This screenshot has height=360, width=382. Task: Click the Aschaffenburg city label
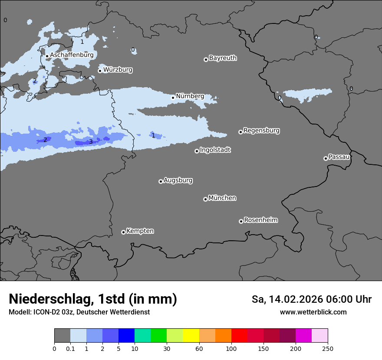pos(72,55)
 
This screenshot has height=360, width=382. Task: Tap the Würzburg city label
pos(118,70)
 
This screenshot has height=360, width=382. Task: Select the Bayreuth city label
pos(223,58)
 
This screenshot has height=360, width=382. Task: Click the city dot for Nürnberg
pos(173,98)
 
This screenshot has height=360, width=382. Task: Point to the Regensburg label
pos(261,131)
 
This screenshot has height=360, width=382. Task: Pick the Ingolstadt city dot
pos(197,151)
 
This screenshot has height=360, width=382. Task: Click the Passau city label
pos(339,157)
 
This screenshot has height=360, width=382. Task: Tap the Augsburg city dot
pos(161,181)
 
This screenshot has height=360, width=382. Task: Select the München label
pos(222,198)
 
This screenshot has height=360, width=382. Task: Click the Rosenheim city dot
pos(241,222)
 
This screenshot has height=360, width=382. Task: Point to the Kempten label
pos(140,231)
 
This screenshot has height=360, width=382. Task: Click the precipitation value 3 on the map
pos(91,141)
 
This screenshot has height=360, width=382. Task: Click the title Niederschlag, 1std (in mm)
pos(93,299)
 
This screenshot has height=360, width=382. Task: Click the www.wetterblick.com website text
pos(313,312)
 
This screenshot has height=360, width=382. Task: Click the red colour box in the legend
pos(239,336)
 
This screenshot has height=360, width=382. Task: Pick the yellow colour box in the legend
pos(191,336)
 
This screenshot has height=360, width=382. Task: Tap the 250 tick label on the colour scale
pos(328,349)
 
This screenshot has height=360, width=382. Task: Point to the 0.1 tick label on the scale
pos(70,349)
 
